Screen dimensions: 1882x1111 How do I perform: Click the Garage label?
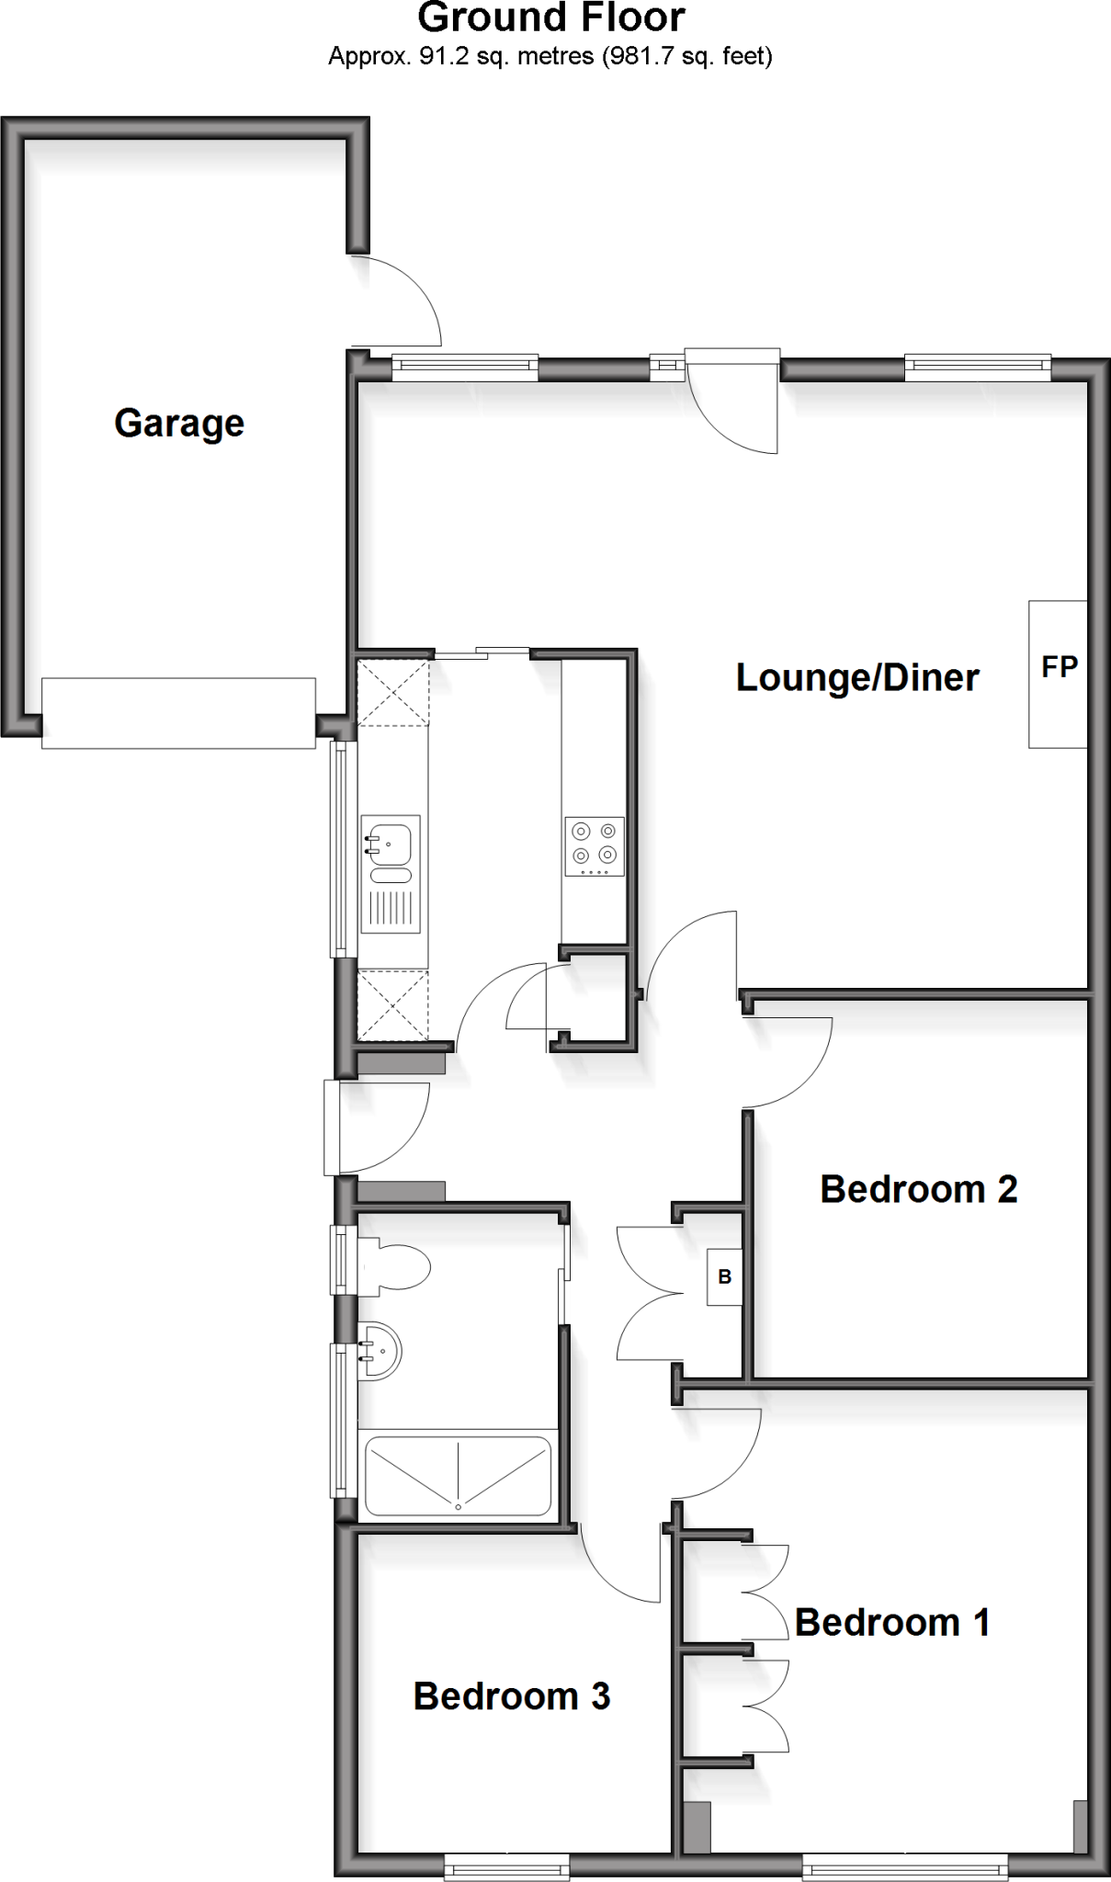[179, 424]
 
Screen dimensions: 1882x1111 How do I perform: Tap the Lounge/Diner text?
[857, 678]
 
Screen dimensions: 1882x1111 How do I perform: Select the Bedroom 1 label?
[892, 1623]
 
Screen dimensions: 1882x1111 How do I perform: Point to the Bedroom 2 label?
[918, 1189]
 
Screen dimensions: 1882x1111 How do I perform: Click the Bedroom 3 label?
[511, 1696]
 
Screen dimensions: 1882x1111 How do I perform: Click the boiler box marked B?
[724, 1276]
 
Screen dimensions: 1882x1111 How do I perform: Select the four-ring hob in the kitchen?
[594, 845]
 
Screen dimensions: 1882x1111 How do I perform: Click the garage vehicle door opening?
[178, 712]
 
